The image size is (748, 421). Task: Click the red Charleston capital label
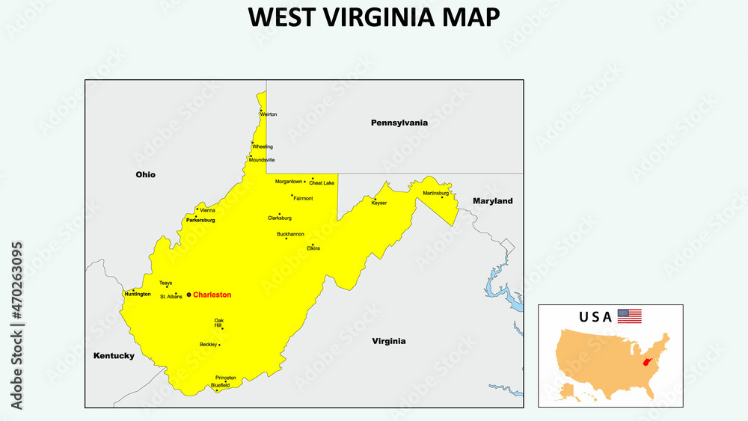[x=212, y=295]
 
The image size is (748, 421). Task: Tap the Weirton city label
[x=269, y=114]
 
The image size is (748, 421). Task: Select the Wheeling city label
[x=263, y=147]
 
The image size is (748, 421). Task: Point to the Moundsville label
[x=262, y=160]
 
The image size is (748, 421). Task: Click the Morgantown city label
[x=289, y=182]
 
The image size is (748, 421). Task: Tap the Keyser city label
[x=379, y=203]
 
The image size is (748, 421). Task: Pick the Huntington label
[x=138, y=294]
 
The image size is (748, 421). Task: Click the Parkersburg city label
[x=200, y=221]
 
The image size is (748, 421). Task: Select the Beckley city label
[x=208, y=345]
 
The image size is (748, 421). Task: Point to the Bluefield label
[x=221, y=385]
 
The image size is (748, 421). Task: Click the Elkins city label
[x=313, y=248]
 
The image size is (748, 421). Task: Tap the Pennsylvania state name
[x=399, y=122]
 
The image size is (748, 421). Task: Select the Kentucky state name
[x=114, y=356]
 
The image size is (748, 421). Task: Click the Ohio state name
[x=145, y=174]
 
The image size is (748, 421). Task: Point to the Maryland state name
[x=493, y=201]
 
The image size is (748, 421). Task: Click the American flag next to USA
[x=629, y=316]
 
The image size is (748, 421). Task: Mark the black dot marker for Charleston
[x=188, y=295]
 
